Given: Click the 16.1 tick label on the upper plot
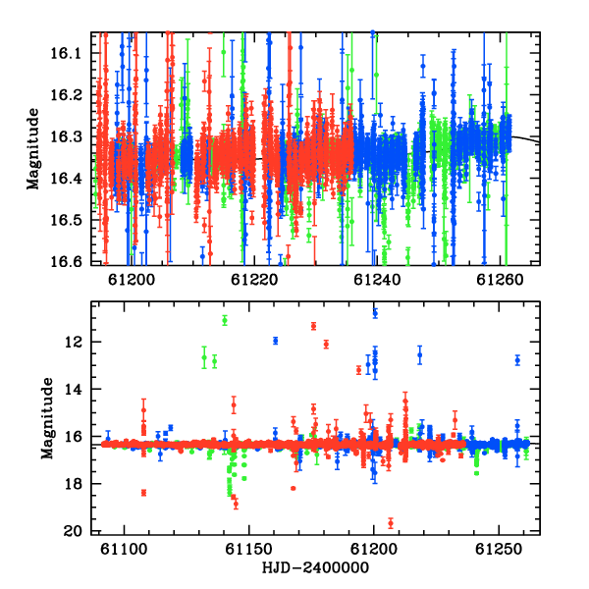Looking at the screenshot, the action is pyautogui.click(x=66, y=53).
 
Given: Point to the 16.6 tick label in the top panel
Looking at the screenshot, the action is pyautogui.click(x=66, y=261).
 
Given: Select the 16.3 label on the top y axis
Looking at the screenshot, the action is pyautogui.click(x=66, y=136).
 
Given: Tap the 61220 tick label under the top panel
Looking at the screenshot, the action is pyautogui.click(x=254, y=280).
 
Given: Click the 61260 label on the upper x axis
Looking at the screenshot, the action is pyautogui.click(x=500, y=280).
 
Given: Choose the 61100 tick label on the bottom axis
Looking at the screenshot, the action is pyautogui.click(x=124, y=549).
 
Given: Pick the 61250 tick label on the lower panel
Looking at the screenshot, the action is pyautogui.click(x=499, y=549).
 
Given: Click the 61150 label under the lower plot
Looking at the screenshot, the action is pyautogui.click(x=248, y=549).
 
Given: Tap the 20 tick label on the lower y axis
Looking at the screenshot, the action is pyautogui.click(x=73, y=531).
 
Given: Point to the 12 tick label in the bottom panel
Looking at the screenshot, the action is pyautogui.click(x=73, y=342).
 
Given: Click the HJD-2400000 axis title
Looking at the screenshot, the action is pyautogui.click(x=315, y=567).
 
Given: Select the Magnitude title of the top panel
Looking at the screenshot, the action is pyautogui.click(x=33, y=149).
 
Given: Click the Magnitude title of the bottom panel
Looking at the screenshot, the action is pyautogui.click(x=47, y=418).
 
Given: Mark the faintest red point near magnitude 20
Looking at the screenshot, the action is pyautogui.click(x=391, y=523).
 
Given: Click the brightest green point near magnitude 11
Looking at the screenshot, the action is pyautogui.click(x=225, y=320).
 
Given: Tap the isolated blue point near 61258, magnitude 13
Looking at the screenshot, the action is pyautogui.click(x=517, y=360).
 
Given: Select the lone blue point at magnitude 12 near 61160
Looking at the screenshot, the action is pyautogui.click(x=275, y=341).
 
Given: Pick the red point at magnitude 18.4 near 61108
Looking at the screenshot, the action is pyautogui.click(x=143, y=493).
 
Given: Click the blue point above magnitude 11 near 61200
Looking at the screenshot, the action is pyautogui.click(x=375, y=312).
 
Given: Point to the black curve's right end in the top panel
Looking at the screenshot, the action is pyautogui.click(x=539, y=142).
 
